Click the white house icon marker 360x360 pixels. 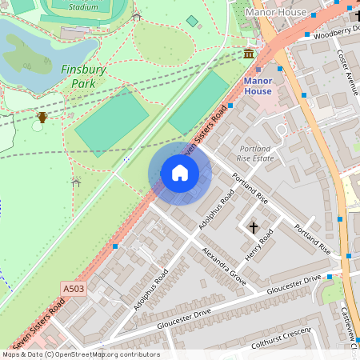pyautogui.click(x=180, y=173)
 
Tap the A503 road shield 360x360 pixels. pyautogui.click(x=73, y=287)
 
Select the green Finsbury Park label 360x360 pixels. pyautogui.click(x=83, y=76)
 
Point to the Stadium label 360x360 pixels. pyautogui.click(x=83, y=6)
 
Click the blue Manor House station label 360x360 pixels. pyautogui.click(x=258, y=86)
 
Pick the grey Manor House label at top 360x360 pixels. pyautogui.click(x=276, y=13)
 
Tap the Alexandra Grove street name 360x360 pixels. pyautogui.click(x=224, y=264)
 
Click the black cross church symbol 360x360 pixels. pyautogui.click(x=254, y=227)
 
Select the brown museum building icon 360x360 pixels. pyautogui.click(x=250, y=54)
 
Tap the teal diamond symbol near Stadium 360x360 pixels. pyautogui.click(x=192, y=21)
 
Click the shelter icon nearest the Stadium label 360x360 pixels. pyautogui.click(x=136, y=16)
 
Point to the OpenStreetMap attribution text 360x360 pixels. pyautogui.click(x=80, y=354)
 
